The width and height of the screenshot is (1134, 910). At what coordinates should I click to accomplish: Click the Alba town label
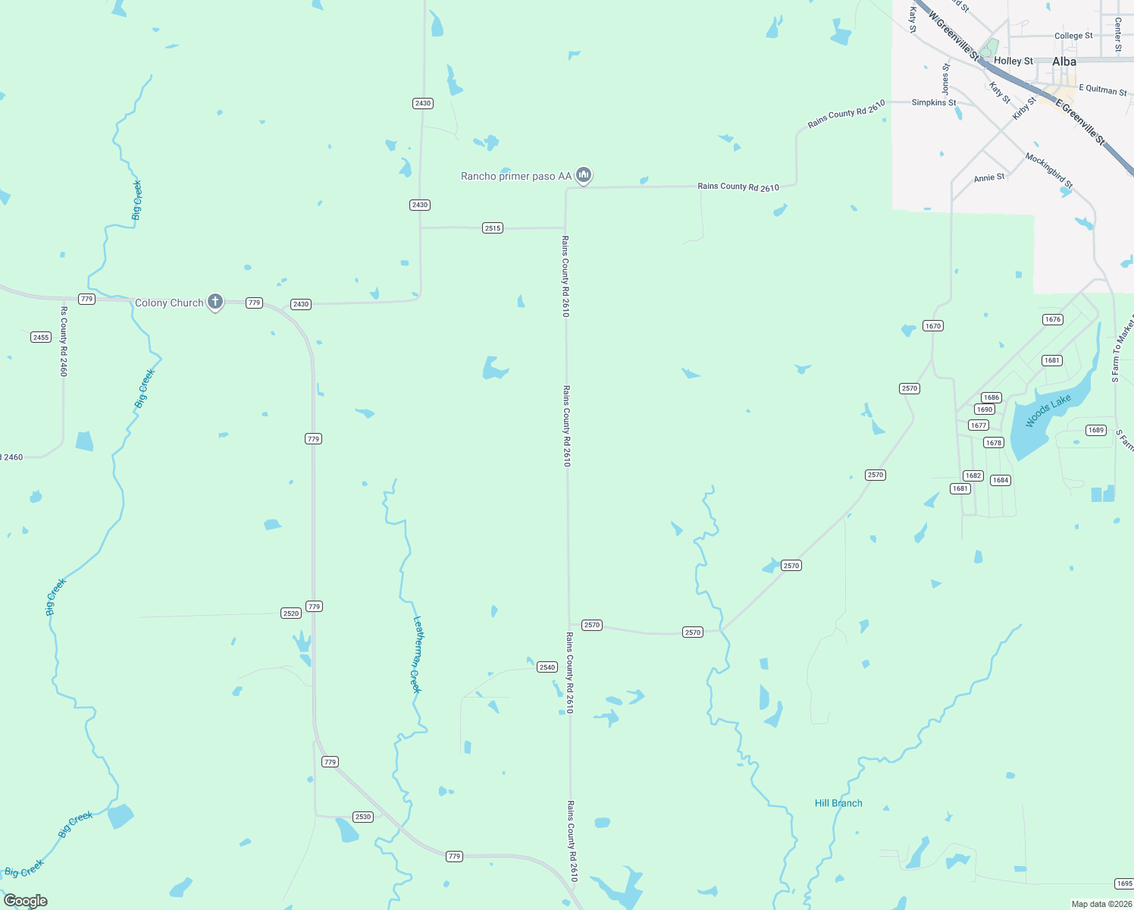tap(1064, 61)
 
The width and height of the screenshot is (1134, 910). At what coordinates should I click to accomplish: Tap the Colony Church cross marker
tap(215, 302)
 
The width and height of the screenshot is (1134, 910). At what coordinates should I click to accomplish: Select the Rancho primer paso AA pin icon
tap(584, 175)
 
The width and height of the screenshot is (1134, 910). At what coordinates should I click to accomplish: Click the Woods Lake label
tap(1048, 410)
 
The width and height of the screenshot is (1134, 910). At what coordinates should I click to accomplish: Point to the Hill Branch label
tap(838, 803)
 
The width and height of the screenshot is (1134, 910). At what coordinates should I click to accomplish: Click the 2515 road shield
tap(493, 227)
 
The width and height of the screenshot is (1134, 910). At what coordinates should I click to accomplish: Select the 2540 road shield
tap(547, 667)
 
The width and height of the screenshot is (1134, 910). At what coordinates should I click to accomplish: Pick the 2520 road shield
tap(291, 613)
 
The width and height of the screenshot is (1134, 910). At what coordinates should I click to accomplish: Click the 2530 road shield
tap(363, 817)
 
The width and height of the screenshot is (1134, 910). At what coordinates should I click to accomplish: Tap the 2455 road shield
tap(41, 337)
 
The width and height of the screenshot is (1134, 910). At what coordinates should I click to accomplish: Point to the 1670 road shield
tap(932, 326)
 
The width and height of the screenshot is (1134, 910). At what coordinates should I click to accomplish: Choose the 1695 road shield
tap(1124, 884)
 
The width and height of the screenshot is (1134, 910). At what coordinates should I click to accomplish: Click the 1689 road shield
tap(1096, 430)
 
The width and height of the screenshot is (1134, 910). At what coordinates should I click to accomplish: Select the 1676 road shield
tap(1053, 319)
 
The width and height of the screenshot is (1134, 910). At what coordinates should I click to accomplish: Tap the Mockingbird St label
tap(1049, 171)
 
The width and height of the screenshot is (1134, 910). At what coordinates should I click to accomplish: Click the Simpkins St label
tap(933, 102)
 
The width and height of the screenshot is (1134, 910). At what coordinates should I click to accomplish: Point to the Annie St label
tap(989, 177)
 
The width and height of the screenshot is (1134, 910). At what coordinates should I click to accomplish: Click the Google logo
tap(26, 901)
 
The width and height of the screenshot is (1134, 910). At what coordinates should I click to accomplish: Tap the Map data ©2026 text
tap(1099, 904)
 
